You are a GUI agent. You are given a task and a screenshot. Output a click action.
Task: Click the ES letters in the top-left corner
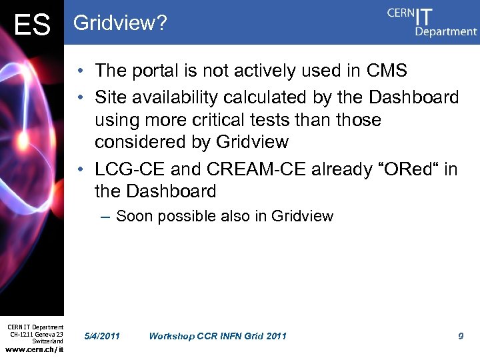pos(31,25)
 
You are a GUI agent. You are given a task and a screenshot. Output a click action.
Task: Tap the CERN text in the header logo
pos(400,14)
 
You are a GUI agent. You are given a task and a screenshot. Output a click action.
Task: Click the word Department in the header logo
pos(445,31)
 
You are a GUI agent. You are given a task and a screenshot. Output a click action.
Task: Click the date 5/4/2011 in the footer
pos(103,336)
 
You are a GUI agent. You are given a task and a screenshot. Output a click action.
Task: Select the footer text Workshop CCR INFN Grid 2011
pos(217,336)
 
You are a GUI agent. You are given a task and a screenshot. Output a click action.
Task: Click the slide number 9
pos(461,336)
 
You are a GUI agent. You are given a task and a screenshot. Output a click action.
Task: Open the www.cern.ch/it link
pos(35,350)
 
